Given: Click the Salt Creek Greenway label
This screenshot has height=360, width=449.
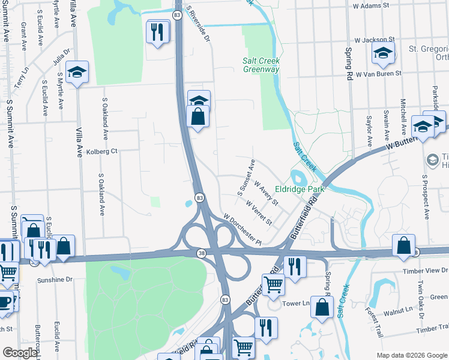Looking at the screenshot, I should pyautogui.click(x=261, y=65).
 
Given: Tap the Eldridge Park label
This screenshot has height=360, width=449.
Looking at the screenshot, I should pyautogui.click(x=300, y=189).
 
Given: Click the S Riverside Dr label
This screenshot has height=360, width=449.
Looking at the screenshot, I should pyautogui.click(x=199, y=25).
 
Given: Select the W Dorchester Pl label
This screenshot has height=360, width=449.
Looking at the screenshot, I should pyautogui.click(x=243, y=229).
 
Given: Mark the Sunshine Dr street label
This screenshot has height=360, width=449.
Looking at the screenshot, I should pyautogui.click(x=53, y=280).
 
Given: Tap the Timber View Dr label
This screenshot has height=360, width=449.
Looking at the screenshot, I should pyautogui.click(x=426, y=271).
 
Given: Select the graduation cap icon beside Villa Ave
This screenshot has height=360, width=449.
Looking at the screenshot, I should pyautogui.click(x=77, y=73).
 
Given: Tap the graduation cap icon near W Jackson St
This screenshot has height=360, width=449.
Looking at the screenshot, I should pyautogui.click(x=383, y=53).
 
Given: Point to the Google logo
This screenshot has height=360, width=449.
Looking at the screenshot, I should pyautogui.click(x=20, y=353).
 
